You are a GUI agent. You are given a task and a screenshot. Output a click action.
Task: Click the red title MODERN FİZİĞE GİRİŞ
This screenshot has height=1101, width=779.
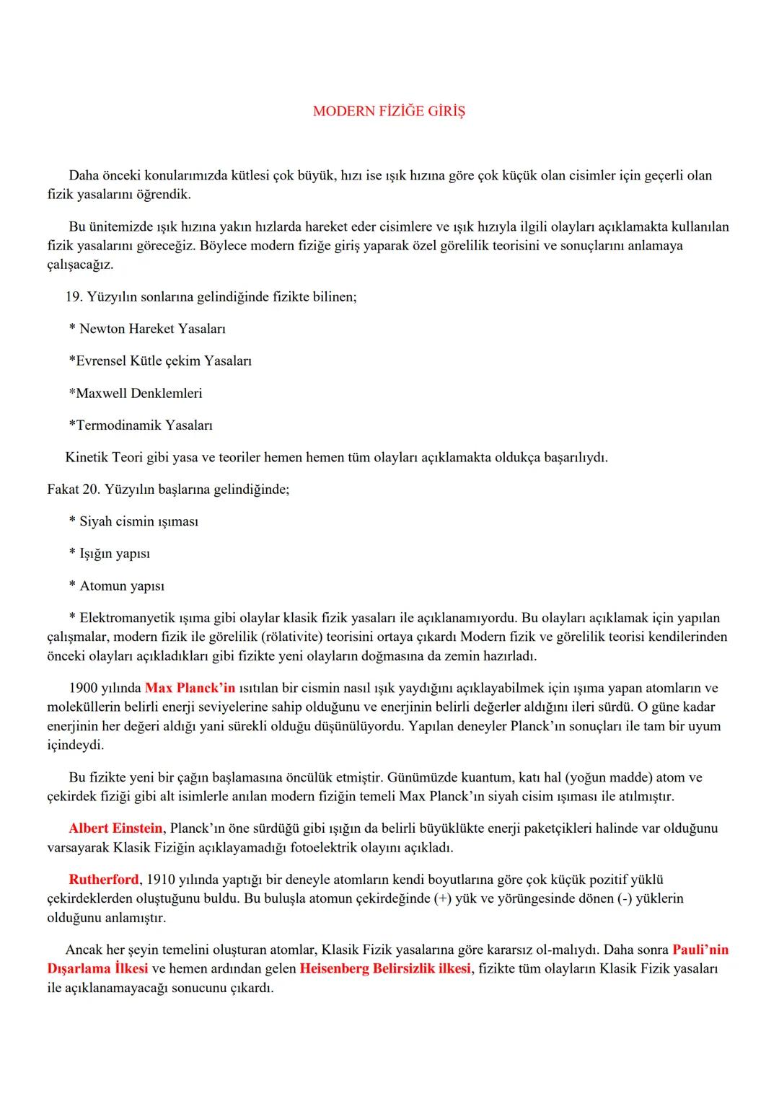point(389,111)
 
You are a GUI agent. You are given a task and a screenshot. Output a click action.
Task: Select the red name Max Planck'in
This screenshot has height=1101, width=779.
point(190,688)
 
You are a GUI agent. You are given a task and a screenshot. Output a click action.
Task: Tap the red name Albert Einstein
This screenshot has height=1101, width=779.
point(115,828)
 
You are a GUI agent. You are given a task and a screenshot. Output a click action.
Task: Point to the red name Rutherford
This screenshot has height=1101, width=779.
point(103,879)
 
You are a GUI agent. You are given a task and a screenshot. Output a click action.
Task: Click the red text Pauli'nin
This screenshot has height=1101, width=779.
point(700,950)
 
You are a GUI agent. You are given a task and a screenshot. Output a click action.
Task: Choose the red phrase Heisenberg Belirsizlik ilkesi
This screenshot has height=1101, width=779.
point(385,968)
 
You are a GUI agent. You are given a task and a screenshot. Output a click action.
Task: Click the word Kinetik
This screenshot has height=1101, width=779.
point(87,457)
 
